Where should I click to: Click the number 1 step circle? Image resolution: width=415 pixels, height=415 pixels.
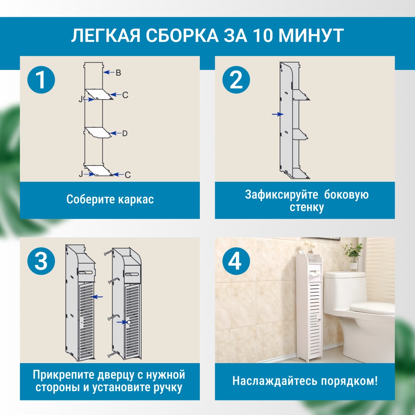(x=41, y=80)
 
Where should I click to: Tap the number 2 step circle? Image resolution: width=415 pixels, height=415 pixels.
(x=236, y=80)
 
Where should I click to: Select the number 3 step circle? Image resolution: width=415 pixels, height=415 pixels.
(x=41, y=261)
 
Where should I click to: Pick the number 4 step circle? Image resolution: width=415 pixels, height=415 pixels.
(x=236, y=261)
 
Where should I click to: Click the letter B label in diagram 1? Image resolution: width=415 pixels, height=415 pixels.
(x=118, y=73)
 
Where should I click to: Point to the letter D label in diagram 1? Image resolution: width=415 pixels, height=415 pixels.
(x=124, y=133)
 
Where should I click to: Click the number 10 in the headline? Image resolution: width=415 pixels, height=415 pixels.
(x=263, y=35)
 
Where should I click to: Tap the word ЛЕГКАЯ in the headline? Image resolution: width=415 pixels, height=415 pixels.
(x=105, y=35)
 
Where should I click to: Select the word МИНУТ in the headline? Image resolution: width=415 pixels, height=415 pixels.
(x=311, y=35)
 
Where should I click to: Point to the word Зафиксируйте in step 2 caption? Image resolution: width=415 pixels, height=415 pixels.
(x=281, y=194)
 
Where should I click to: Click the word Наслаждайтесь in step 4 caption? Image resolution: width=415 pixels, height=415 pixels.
(x=274, y=381)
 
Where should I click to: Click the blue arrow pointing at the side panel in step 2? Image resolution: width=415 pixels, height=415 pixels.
(x=278, y=115)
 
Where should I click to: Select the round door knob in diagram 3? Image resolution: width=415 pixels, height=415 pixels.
(x=129, y=322)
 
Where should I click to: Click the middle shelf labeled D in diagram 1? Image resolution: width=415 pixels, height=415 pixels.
(x=98, y=132)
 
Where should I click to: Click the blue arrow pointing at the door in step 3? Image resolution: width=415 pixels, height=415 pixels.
(x=97, y=297)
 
